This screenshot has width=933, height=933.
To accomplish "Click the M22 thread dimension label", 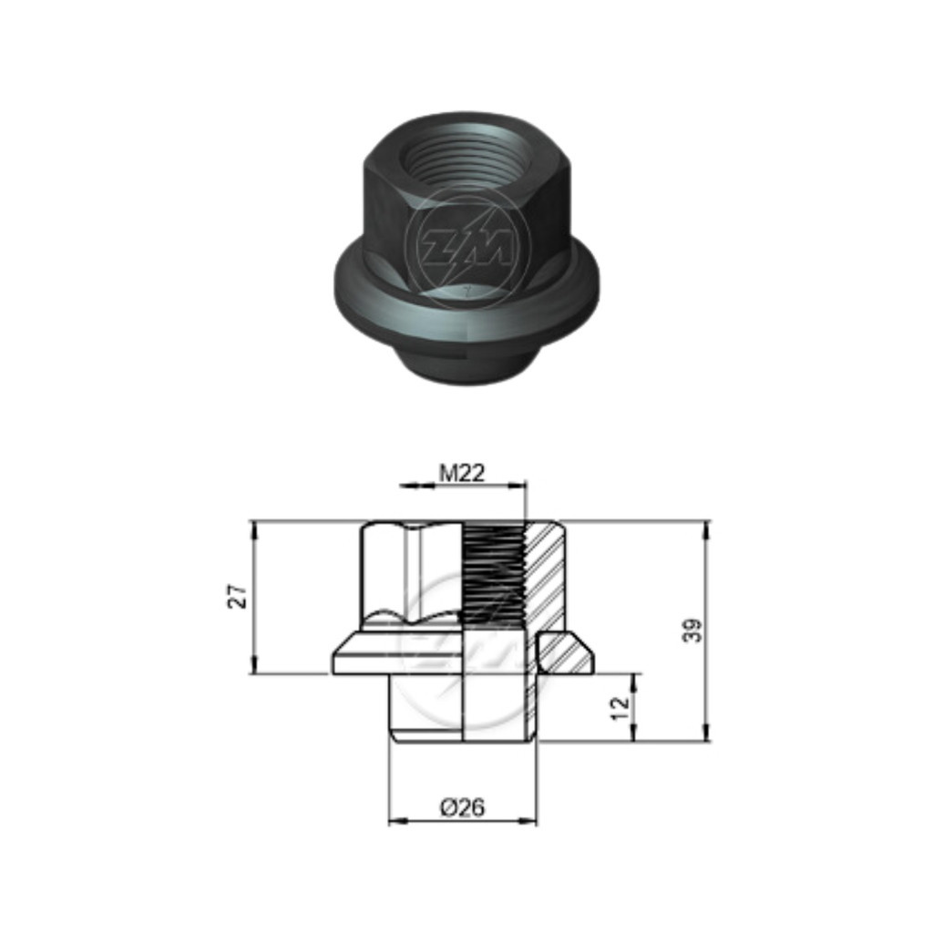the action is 462,473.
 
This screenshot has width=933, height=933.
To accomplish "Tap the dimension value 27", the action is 238,596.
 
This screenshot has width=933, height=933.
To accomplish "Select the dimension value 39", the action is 692,631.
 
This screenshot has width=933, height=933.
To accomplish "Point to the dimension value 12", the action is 620,708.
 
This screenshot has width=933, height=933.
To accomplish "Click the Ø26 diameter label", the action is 462,807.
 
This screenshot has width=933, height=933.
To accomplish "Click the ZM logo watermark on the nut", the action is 466,245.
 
